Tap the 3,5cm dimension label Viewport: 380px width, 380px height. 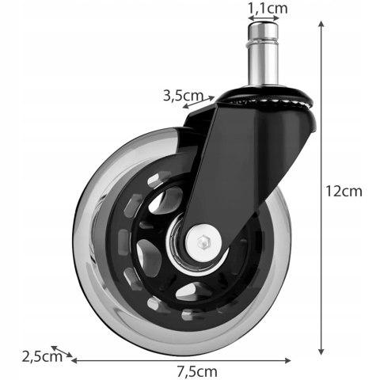tap(180, 96)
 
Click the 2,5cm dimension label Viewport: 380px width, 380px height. tap(42, 356)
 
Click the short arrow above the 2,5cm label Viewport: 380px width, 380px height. tap(63, 351)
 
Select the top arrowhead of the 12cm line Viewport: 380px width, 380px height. tap(321, 25)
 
